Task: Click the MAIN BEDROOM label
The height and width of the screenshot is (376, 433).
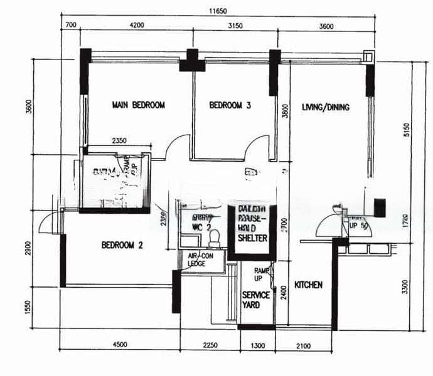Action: click(x=138, y=105)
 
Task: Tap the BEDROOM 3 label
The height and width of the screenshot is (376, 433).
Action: click(x=230, y=106)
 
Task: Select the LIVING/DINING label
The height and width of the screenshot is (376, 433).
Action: click(x=325, y=108)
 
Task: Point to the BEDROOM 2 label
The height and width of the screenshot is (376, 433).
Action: click(x=122, y=245)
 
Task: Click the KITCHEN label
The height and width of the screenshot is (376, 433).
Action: click(x=308, y=285)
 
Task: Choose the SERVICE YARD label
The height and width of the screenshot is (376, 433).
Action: click(x=256, y=300)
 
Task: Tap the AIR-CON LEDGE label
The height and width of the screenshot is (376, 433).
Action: click(x=201, y=260)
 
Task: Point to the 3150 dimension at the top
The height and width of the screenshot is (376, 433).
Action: click(x=234, y=26)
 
